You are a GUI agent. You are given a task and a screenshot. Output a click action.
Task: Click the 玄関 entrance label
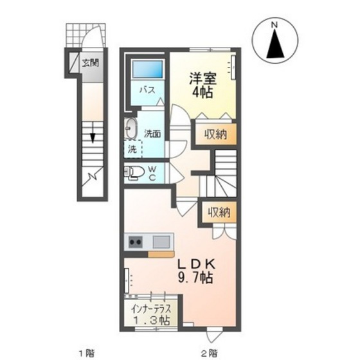click(x=91, y=63)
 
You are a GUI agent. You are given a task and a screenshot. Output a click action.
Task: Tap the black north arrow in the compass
click(x=275, y=43)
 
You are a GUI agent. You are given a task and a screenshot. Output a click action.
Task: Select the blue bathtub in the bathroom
click(x=148, y=70)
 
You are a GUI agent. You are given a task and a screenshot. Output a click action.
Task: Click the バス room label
click(x=148, y=90)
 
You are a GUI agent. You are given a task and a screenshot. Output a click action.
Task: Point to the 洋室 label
click(x=203, y=78)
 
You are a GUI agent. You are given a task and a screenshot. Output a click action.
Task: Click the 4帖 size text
click(x=203, y=93)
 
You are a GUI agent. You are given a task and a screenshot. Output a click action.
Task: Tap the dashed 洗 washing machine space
click(x=133, y=149)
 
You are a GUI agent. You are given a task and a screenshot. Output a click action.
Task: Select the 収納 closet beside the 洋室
click(x=216, y=134)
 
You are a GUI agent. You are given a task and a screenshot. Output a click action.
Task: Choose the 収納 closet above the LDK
click(x=219, y=212)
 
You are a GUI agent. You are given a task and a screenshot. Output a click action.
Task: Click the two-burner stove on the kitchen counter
click(x=136, y=242)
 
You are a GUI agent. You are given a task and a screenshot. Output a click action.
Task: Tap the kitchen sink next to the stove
click(x=161, y=242)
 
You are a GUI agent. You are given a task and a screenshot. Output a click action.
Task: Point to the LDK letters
click(x=197, y=265)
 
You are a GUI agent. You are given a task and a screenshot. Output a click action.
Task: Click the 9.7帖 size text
click(x=195, y=278)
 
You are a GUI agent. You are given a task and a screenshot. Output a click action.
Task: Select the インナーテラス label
click(x=151, y=309)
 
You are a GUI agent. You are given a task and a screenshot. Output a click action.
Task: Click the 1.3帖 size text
click(x=152, y=320)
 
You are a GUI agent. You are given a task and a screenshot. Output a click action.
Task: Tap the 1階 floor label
click(x=87, y=352)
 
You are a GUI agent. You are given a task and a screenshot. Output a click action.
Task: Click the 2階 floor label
click(x=210, y=352)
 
